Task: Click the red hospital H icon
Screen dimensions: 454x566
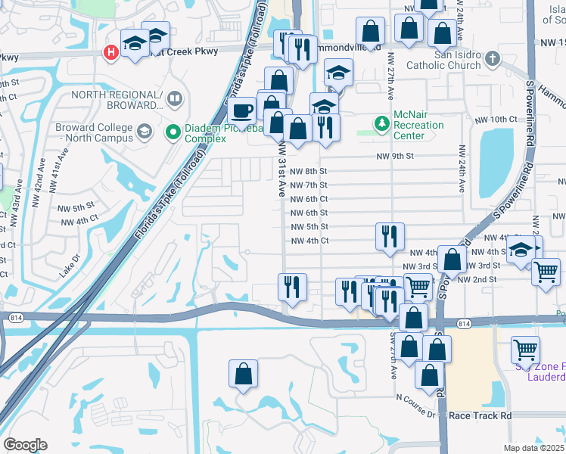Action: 110,52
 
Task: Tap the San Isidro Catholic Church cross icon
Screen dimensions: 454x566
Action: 492,58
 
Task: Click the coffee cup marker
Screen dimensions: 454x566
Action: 242,110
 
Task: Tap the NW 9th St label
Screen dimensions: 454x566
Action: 396,157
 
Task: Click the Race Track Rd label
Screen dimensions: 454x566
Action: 479,415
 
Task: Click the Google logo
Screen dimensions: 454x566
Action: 25,445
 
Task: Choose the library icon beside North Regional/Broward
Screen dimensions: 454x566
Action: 175,99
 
